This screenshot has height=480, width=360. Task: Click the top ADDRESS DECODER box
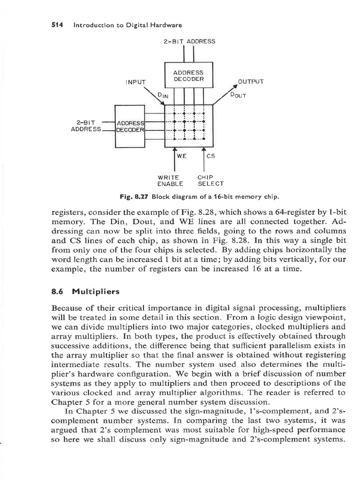188,76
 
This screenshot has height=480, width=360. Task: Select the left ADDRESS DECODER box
130,127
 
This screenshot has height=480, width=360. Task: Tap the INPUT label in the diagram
135,83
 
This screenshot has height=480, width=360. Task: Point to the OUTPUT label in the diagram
251,81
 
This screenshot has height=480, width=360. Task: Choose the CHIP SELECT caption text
210,180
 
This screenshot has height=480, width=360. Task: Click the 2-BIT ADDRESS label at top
189,41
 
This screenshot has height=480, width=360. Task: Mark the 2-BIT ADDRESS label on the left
86,126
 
